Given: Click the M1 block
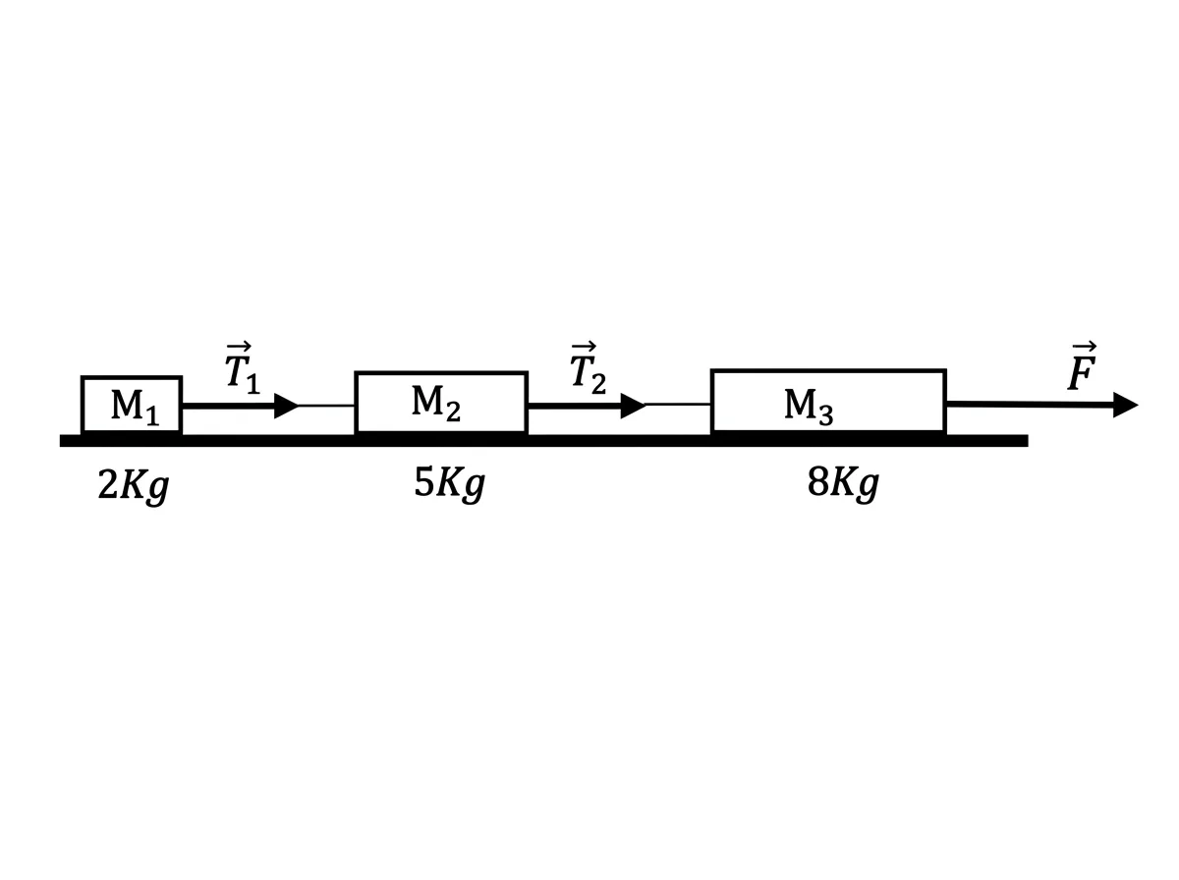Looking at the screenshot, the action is point(131,405).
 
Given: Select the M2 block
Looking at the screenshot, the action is point(440,402).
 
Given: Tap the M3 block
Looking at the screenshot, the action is point(827,401).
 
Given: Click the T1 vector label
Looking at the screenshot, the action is point(243,367).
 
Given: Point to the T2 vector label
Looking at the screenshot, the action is point(588,367).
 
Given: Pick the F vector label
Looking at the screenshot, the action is point(1082,365).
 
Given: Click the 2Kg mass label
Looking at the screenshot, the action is point(134,485).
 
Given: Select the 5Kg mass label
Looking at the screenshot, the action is point(449,483).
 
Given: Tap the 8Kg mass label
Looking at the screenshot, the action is point(843,483).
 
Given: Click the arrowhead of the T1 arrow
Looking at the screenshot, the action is point(286,406).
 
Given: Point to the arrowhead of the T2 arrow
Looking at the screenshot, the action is point(633,406).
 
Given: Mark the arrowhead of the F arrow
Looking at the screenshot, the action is point(1125,405).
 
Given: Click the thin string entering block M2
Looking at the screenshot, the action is point(326,406).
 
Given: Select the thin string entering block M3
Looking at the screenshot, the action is point(678,405).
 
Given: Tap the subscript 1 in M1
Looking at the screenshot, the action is point(152,415).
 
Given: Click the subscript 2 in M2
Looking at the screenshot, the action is point(453,411).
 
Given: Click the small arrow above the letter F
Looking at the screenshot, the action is point(1084,346).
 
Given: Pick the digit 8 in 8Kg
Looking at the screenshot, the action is point(818,481).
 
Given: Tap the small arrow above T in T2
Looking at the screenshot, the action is point(584,346).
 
